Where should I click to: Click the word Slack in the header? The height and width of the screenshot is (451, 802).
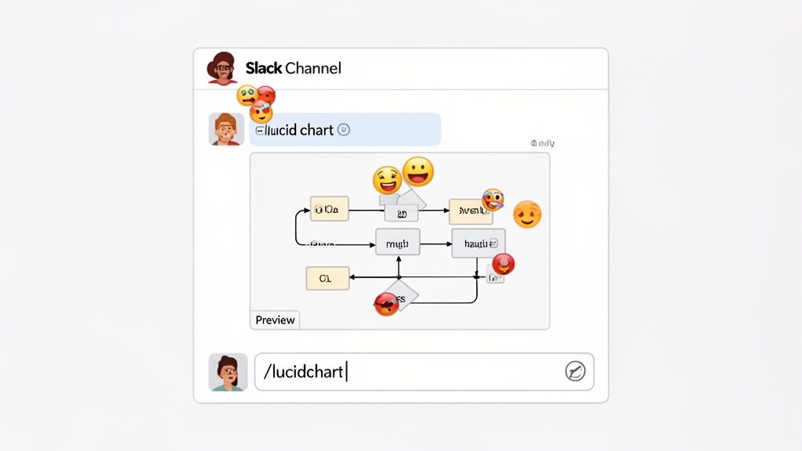tap(264, 68)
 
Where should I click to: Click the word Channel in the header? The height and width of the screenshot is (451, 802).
tap(313, 68)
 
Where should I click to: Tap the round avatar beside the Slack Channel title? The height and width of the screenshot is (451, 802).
tap(222, 68)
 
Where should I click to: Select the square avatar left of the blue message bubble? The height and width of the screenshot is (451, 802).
tap(226, 129)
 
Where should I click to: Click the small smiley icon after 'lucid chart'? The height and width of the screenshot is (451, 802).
tap(343, 130)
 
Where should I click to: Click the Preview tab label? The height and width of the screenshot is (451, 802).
tap(275, 319)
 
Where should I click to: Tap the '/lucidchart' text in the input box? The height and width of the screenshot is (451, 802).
tap(304, 372)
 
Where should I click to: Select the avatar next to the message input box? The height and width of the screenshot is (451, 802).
tap(228, 372)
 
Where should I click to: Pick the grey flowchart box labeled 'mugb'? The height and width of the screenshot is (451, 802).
tap(398, 244)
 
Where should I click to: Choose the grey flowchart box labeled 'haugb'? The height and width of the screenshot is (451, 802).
tap(478, 244)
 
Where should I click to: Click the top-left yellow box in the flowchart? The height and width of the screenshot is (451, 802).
tap(329, 209)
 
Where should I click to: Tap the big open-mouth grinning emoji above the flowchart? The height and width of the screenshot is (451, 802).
tap(418, 171)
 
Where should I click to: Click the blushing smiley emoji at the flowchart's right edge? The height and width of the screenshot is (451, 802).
tap(527, 214)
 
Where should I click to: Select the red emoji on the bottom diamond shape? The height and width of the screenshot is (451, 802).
tap(386, 304)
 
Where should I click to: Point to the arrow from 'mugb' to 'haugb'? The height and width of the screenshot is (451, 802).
tap(435, 244)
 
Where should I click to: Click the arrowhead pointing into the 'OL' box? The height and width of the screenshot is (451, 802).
tap(352, 277)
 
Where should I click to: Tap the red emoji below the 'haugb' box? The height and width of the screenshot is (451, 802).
tap(504, 264)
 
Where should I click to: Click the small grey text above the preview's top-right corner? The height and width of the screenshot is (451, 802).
tap(542, 143)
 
